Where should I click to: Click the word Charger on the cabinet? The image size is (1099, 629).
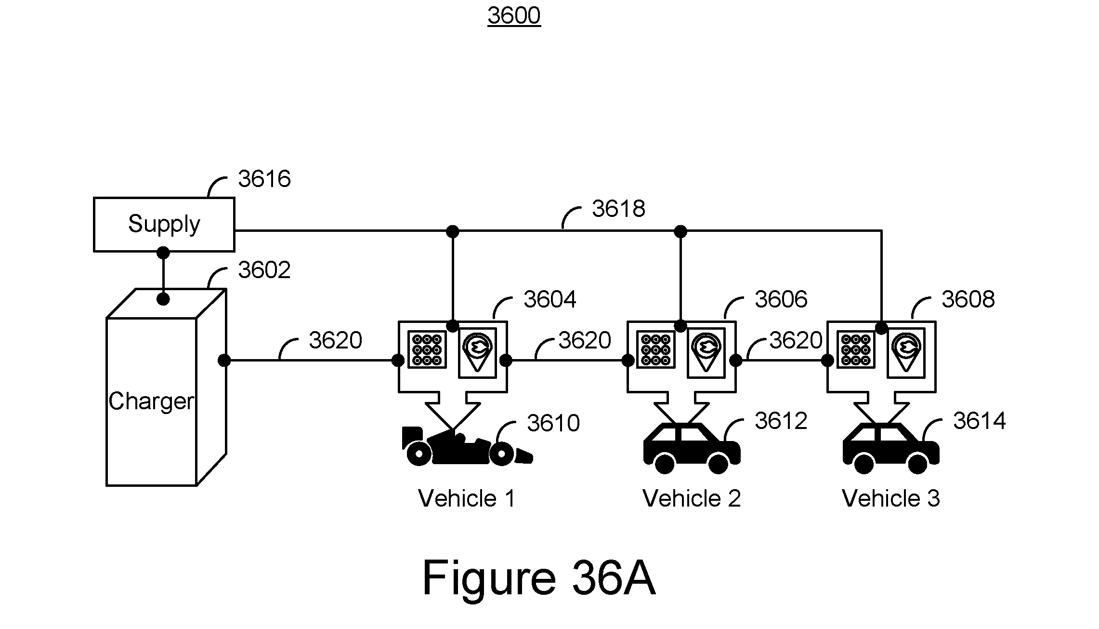[151, 401]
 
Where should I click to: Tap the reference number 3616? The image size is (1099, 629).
[264, 179]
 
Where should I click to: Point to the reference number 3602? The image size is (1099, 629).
[264, 270]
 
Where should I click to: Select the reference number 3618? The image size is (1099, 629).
[618, 209]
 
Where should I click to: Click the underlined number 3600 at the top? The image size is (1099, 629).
[514, 15]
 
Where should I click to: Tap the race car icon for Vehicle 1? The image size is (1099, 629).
[467, 446]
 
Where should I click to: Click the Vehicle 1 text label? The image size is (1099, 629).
[467, 498]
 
